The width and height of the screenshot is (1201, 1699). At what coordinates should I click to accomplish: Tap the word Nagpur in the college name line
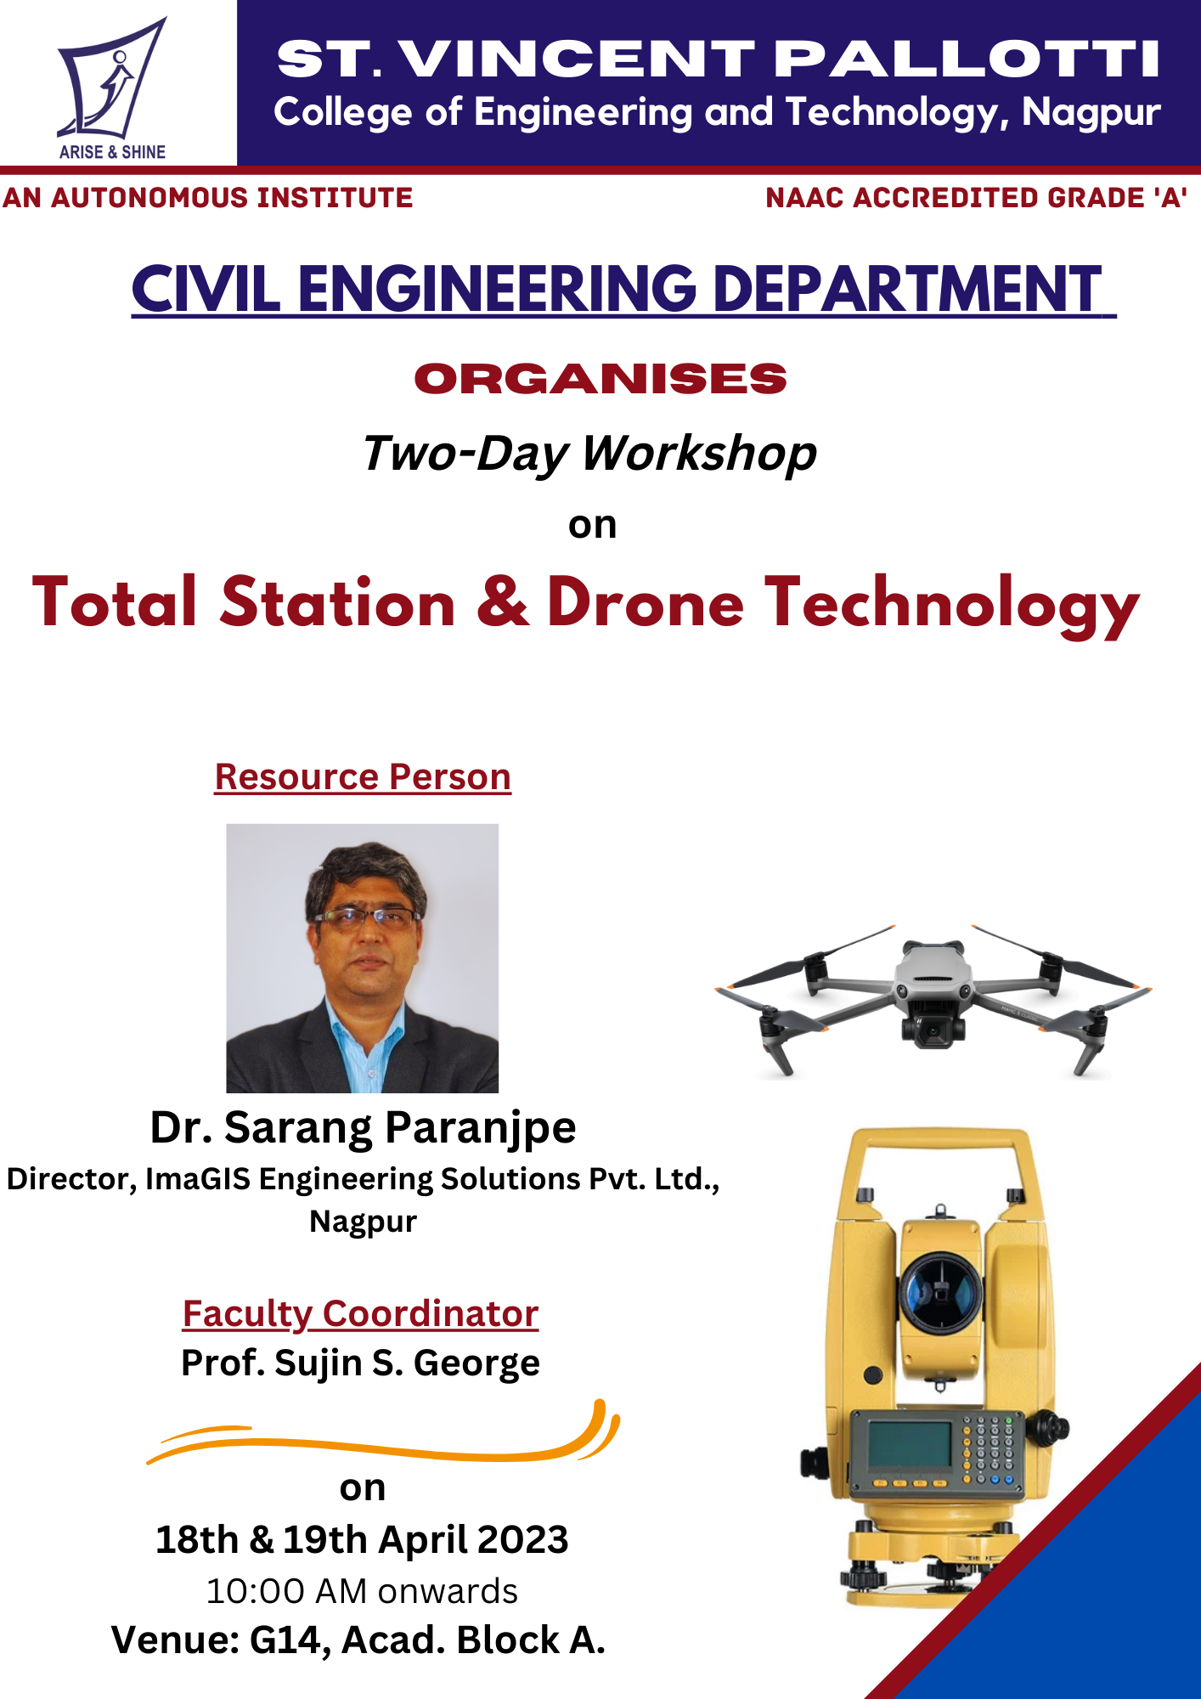(1091, 113)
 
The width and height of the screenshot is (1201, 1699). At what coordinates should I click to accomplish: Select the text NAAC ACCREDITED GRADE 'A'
(976, 198)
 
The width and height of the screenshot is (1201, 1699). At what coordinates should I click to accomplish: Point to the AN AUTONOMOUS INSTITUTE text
(207, 198)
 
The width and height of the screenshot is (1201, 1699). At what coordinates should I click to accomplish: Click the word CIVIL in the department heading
(206, 289)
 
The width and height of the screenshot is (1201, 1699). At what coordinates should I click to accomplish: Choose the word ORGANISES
(600, 379)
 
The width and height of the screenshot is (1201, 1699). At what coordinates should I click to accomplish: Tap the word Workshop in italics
(699, 454)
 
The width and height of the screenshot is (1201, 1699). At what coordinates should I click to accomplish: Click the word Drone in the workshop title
(646, 602)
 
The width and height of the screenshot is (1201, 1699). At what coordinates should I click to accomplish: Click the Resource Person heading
(363, 776)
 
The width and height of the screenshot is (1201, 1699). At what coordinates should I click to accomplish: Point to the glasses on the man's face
(367, 917)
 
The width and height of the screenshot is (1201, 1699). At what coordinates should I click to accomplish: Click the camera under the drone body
(933, 1028)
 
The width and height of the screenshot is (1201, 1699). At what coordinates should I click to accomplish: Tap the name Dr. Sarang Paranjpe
(363, 1128)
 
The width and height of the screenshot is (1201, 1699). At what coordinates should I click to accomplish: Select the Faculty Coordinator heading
(361, 1313)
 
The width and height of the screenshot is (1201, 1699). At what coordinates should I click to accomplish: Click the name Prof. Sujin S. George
(361, 1363)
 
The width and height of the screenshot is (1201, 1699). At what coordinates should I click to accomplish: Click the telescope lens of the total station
(940, 1291)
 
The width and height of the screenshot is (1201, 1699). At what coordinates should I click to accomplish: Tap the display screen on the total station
(910, 1443)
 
